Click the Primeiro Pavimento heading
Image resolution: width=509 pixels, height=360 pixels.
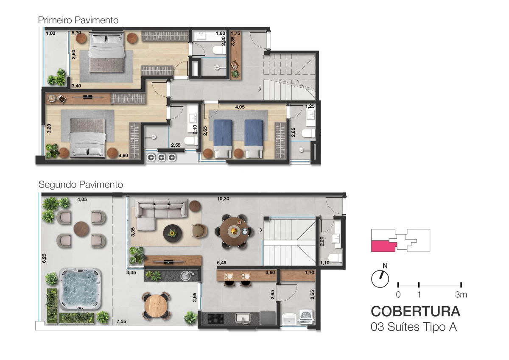coord(78,20)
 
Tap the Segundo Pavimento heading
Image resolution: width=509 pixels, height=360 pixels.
coord(81,184)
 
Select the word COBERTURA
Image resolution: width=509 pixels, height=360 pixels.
coord(416,311)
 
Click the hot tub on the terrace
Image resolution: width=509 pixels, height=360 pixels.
coord(80,289)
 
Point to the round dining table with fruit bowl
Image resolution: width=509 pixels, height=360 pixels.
coord(234,231)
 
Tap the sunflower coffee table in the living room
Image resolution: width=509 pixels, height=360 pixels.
coord(173,233)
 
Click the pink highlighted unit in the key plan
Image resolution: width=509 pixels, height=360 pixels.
coord(383,246)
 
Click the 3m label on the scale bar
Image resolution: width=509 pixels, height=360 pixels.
coord(461,295)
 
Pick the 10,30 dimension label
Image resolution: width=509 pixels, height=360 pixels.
coord(223,199)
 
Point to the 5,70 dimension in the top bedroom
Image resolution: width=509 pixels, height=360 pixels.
coord(76,33)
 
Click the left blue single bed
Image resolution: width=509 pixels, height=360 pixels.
coord(223,139)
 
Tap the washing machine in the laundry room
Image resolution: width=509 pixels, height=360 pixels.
coord(306,316)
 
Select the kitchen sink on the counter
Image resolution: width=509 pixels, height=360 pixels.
coord(243,318)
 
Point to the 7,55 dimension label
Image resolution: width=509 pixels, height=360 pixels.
coord(121,321)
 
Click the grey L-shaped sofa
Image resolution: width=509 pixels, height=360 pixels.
coord(161,211)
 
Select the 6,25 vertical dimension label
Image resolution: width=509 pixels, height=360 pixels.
coord(44,258)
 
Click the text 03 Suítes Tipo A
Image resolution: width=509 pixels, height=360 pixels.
coord(414,327)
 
